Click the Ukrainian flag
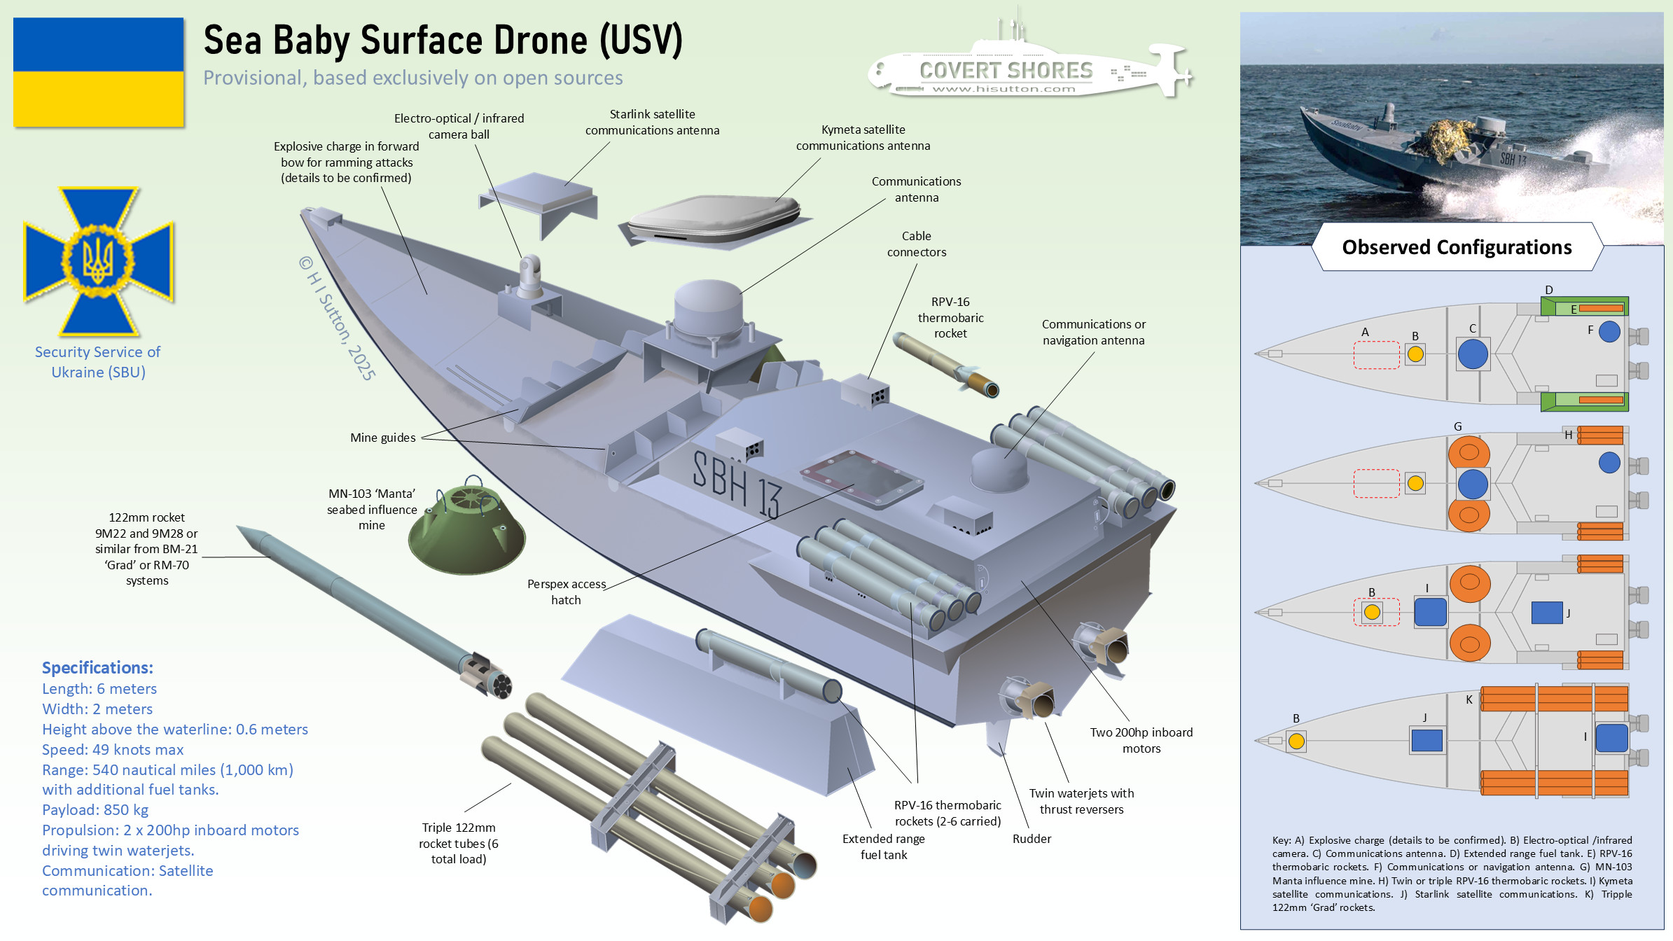[x=98, y=72]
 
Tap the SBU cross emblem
[x=98, y=261]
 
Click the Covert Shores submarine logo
[x=1029, y=70]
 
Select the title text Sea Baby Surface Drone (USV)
[x=443, y=40]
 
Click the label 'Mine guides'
[x=383, y=438]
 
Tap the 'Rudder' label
[x=1032, y=839]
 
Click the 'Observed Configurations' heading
[x=1457, y=247]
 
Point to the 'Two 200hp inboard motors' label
[x=1141, y=740]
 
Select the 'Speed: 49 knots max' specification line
[x=113, y=749]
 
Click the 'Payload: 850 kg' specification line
[x=95, y=810]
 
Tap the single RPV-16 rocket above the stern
[x=945, y=364]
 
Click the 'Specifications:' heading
[x=97, y=667]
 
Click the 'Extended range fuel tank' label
[x=883, y=846]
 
